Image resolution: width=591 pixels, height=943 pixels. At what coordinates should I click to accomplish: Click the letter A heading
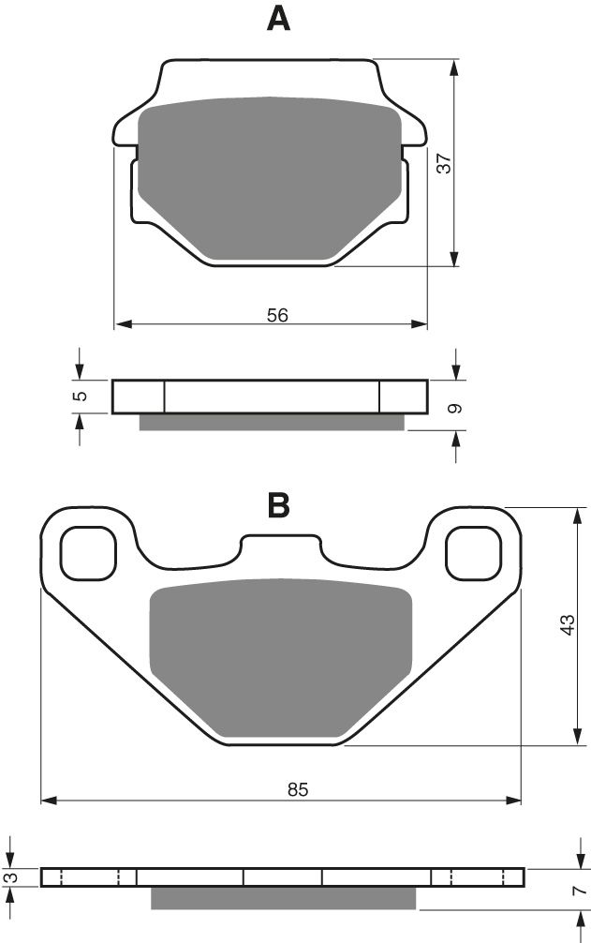point(278,19)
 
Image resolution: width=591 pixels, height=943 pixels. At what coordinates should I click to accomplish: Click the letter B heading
point(278,505)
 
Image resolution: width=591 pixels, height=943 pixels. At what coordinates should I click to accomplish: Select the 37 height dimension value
point(446,162)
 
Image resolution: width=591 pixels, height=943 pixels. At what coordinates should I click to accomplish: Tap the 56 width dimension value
point(277,315)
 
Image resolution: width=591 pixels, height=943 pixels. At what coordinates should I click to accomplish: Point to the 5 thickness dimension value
point(81,396)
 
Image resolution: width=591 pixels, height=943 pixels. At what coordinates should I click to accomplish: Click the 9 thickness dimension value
point(455,408)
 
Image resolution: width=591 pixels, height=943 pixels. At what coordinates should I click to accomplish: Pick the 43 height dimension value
point(567,625)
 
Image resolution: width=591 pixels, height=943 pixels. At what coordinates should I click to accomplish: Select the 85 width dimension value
point(297,790)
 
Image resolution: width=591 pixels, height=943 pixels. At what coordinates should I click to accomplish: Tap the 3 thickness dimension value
point(10,876)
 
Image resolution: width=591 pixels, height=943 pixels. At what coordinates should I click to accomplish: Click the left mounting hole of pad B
point(89,552)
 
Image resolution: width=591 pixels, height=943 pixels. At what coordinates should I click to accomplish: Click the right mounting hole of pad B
point(472,552)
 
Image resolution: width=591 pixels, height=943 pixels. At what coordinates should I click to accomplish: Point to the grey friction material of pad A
point(270,173)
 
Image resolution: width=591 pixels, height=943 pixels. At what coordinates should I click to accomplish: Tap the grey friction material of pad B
point(281,656)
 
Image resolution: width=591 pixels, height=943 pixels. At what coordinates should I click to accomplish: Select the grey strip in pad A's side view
point(272,422)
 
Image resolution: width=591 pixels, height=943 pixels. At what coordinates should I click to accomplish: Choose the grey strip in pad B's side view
point(283,898)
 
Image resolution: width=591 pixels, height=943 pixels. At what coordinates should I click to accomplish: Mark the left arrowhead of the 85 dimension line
point(49,801)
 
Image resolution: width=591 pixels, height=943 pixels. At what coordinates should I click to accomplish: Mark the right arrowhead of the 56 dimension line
point(421,325)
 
